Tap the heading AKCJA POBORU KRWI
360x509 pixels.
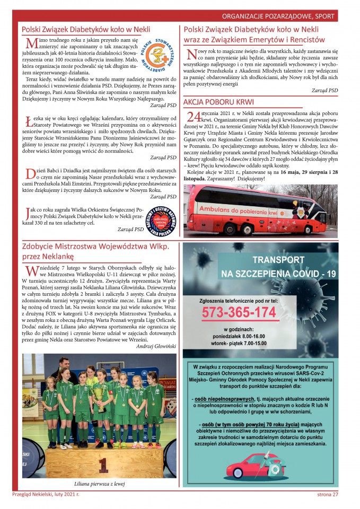(x=218, y=102)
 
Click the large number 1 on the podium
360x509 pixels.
(x=103, y=465)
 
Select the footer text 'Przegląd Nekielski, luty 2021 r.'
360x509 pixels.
(x=46, y=495)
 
